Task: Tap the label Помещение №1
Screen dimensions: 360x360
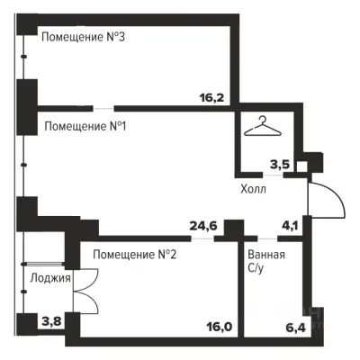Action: point(84,126)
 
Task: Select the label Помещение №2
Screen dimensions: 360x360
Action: point(132,256)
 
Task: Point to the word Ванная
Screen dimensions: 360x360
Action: point(267,255)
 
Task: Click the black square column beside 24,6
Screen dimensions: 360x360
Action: point(234,229)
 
